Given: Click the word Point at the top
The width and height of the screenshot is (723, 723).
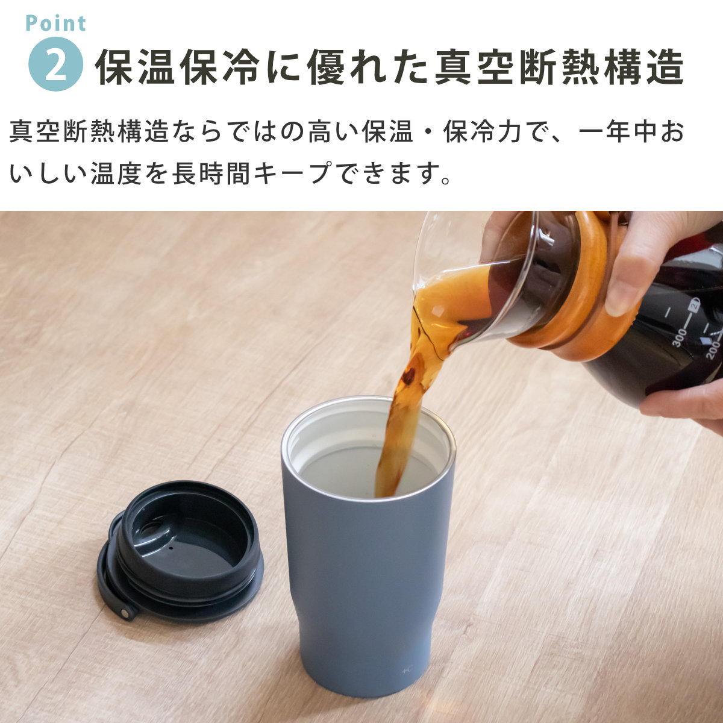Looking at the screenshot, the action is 56,23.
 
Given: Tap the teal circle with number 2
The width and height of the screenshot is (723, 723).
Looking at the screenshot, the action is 55,64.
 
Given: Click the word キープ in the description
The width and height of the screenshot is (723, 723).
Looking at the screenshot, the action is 293,173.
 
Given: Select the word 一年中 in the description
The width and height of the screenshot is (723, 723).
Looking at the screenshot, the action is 618,132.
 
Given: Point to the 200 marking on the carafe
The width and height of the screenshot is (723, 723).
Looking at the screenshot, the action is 713,350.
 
